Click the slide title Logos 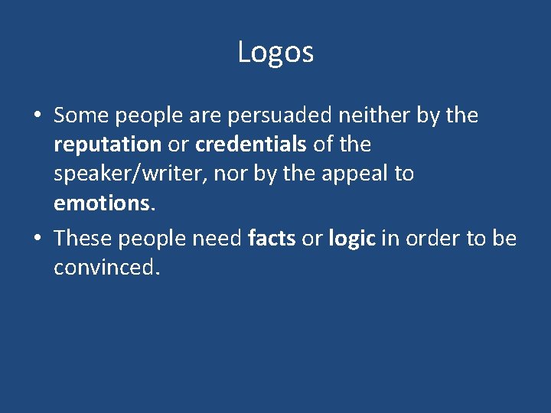(x=275, y=52)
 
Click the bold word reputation (x=107, y=145)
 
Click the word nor (x=230, y=174)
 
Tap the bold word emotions (x=104, y=203)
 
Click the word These (x=83, y=239)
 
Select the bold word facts (x=272, y=239)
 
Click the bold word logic (x=352, y=239)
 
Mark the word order (x=433, y=239)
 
